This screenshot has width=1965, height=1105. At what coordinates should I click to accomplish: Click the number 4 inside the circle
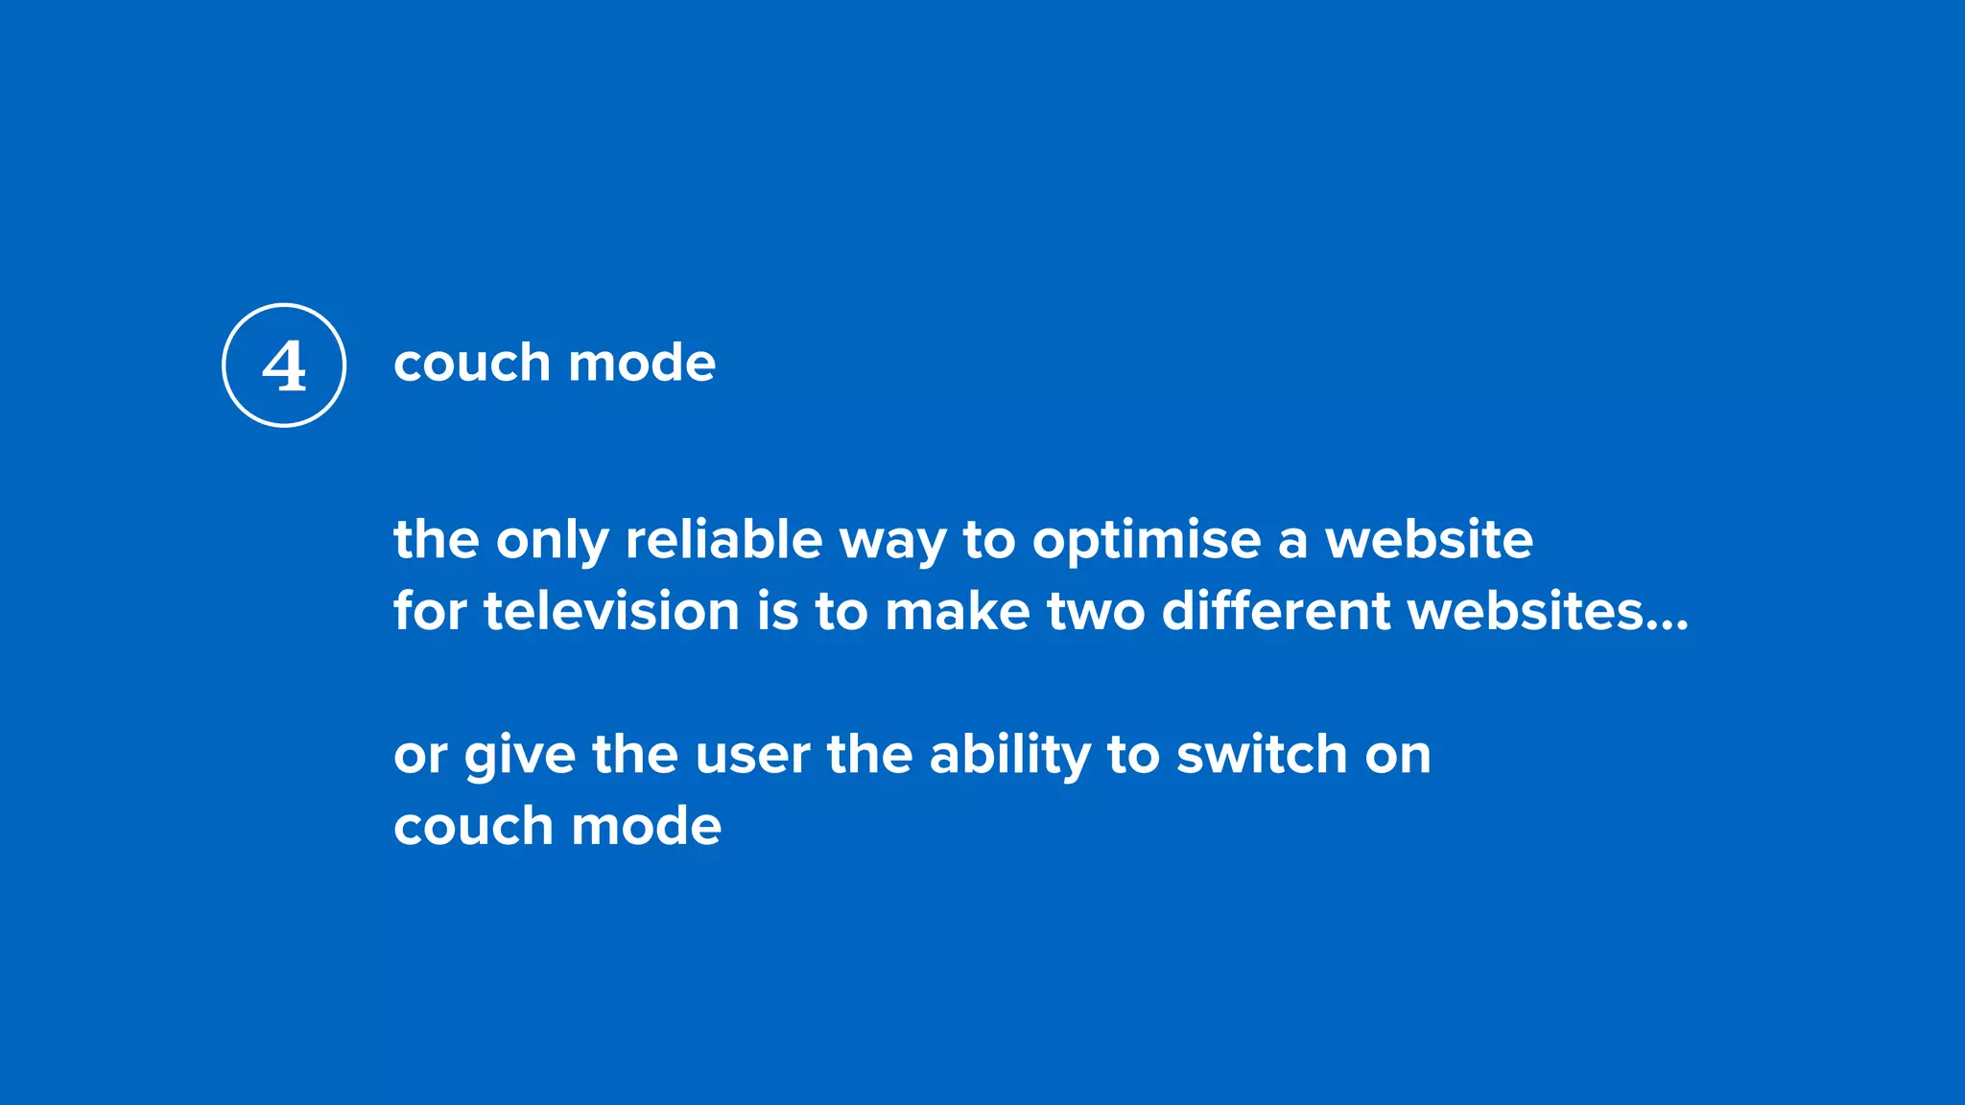click(x=284, y=366)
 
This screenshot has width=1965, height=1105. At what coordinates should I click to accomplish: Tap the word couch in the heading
click(x=471, y=363)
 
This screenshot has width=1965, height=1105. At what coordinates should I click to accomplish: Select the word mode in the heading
click(x=642, y=363)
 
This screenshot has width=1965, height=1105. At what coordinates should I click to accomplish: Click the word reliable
click(x=723, y=539)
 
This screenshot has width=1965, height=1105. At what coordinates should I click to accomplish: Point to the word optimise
click(x=1147, y=541)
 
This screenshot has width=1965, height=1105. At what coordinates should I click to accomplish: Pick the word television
click(x=611, y=611)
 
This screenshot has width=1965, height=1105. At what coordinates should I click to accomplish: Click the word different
click(x=1276, y=611)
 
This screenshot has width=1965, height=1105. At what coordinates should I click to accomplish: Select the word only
click(x=552, y=541)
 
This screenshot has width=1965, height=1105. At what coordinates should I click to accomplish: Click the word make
click(x=958, y=611)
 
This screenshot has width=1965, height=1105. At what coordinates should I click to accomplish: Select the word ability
click(x=1009, y=755)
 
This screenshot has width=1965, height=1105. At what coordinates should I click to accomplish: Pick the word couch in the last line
click(x=474, y=826)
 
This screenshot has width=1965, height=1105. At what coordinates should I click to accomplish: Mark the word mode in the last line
click(x=646, y=826)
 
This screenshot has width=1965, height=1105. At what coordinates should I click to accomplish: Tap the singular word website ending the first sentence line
click(x=1429, y=539)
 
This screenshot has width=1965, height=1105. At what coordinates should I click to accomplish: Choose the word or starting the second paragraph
click(x=420, y=756)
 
